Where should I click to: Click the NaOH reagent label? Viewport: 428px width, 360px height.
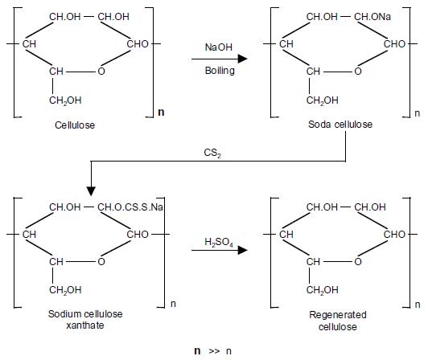pos(218,47)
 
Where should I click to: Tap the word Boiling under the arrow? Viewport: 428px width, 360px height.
pos(220,71)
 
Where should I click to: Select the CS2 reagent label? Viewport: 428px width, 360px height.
pos(212,153)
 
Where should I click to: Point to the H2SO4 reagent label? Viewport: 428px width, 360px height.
pos(219,242)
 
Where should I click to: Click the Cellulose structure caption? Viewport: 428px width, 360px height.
pos(75,125)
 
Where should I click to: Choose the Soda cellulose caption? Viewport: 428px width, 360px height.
pos(340,125)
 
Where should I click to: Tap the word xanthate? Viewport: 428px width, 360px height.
pos(85,325)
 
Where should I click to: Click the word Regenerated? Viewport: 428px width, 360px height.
pos(338,315)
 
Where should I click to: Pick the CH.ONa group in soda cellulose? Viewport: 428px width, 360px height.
pos(372,17)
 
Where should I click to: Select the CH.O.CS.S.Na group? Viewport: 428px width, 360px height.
pos(130,207)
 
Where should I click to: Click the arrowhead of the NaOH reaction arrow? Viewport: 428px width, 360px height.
pos(242,59)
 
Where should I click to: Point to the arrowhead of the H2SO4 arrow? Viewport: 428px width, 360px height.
pos(242,250)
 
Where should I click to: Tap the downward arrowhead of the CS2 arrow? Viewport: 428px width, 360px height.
pos(91,191)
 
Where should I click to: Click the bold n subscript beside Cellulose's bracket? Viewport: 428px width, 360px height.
pos(161,112)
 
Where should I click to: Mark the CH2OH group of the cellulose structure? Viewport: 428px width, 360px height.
pos(65,100)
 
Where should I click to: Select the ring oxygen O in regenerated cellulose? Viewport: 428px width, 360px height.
pos(358,262)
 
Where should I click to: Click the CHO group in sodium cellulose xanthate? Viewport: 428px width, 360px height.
pos(138,235)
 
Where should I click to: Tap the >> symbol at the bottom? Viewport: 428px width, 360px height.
pos(214,350)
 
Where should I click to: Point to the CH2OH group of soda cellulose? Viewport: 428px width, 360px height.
pos(322,100)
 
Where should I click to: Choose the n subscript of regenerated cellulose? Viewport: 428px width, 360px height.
pos(418,305)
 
